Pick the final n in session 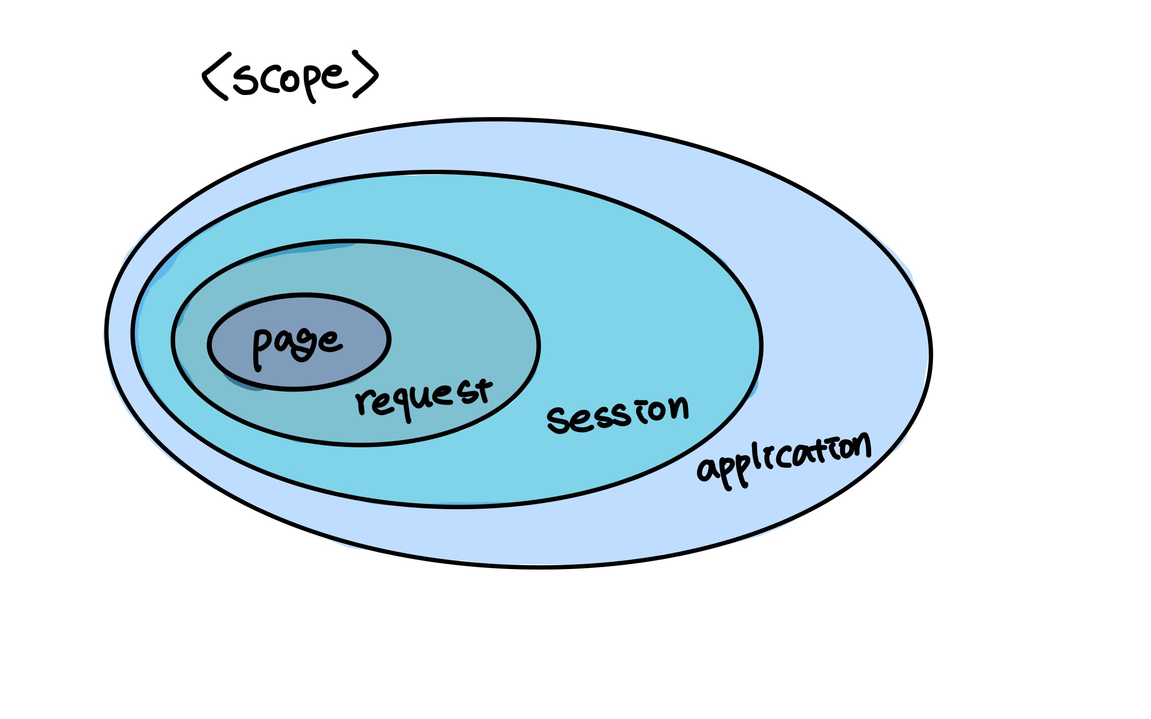pyautogui.click(x=678, y=408)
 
